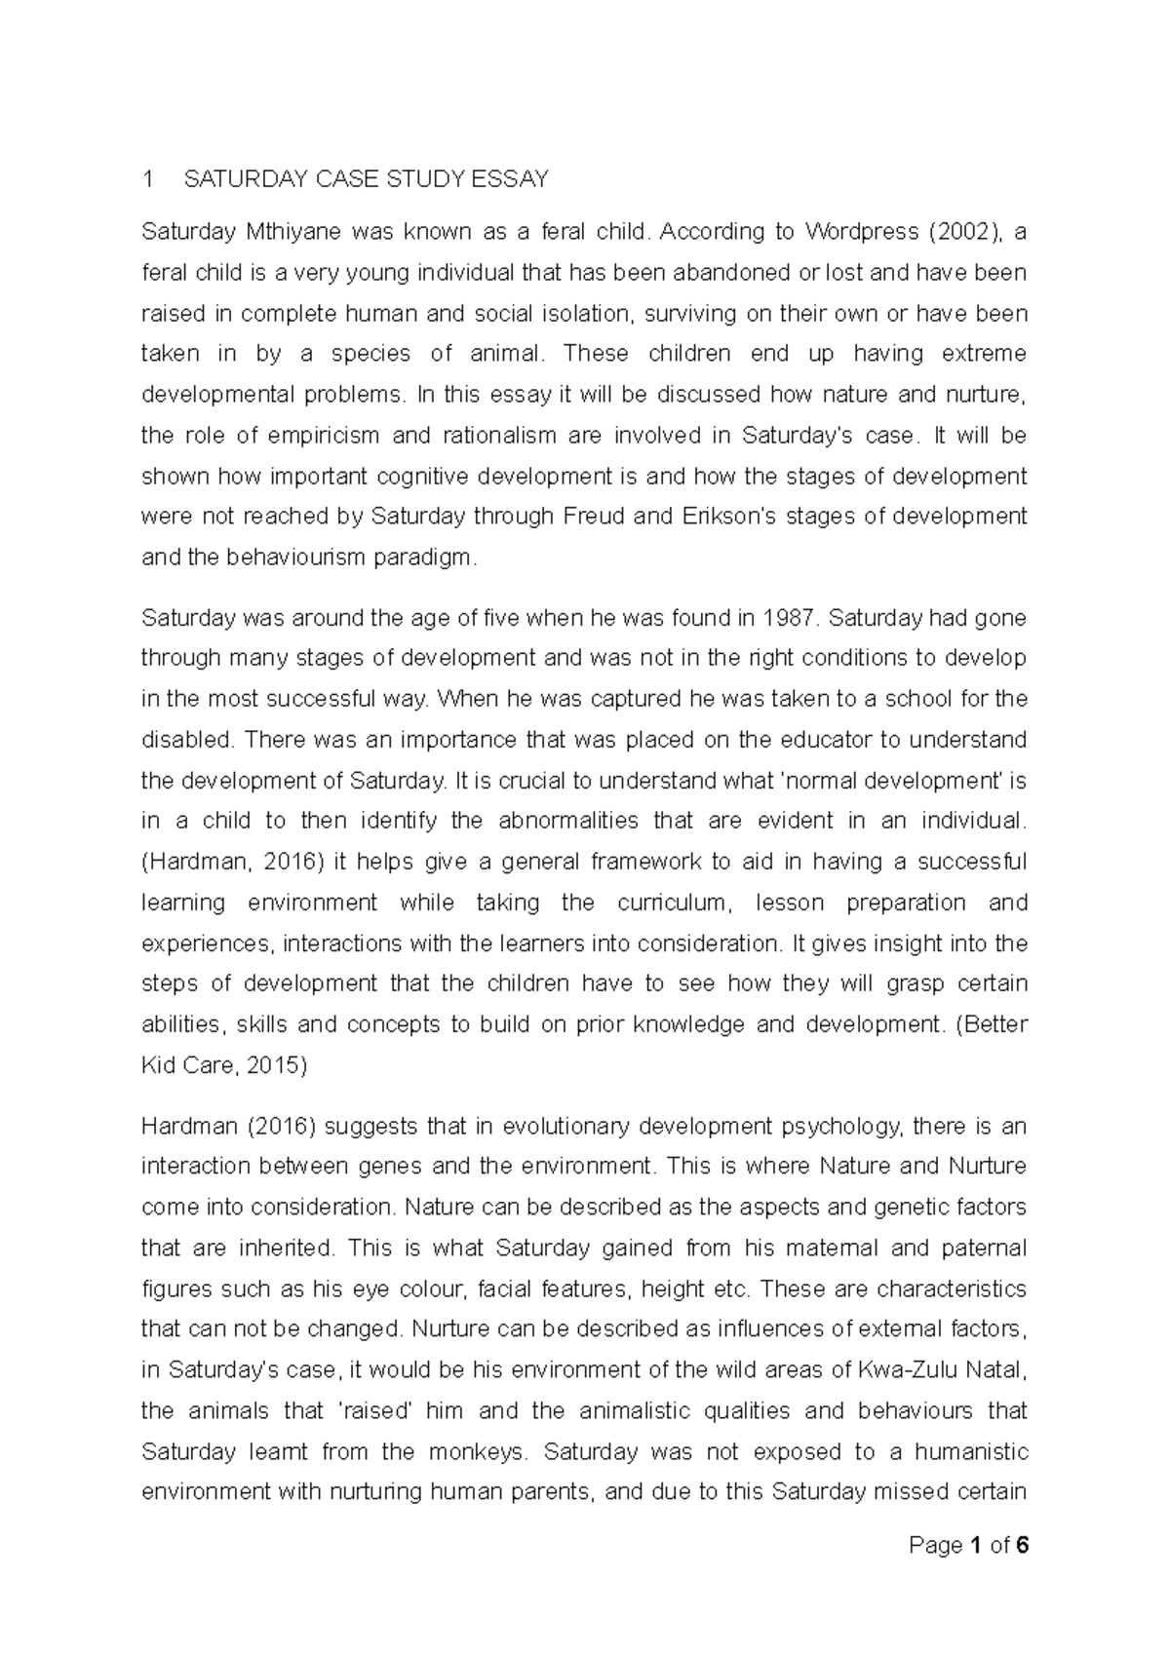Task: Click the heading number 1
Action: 147,179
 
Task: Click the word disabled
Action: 187,740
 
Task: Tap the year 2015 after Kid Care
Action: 277,1065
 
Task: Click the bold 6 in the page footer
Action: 1022,1546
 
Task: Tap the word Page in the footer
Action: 935,1546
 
